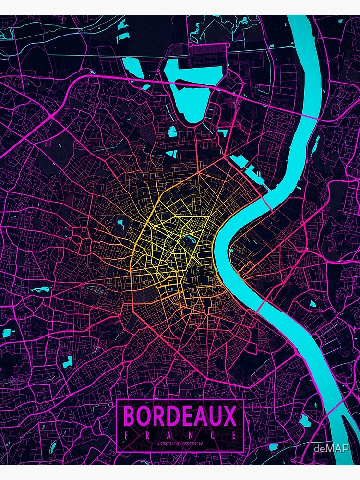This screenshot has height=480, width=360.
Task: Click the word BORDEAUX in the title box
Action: (x=180, y=416)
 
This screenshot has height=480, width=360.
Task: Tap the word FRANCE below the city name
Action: (x=180, y=435)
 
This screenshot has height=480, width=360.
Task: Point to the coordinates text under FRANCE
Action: (x=180, y=444)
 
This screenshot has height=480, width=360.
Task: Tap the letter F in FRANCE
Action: (x=126, y=435)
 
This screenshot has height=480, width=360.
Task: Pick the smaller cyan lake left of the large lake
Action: (x=130, y=64)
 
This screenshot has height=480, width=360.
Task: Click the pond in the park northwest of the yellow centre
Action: (x=120, y=223)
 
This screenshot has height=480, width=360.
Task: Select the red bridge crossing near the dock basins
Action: (x=270, y=204)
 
